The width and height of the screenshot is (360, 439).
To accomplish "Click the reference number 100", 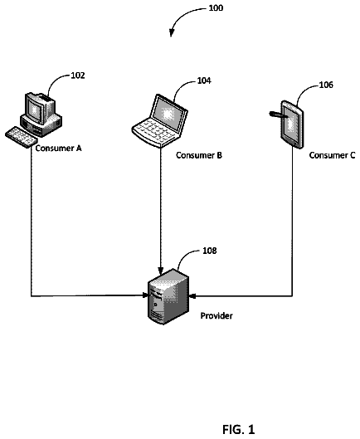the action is coord(216,7).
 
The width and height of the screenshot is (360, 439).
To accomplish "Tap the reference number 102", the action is coord(77,76).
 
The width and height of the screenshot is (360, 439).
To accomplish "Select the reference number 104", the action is coord(204,80).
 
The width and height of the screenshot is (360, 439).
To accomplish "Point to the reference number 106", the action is coord(326,85).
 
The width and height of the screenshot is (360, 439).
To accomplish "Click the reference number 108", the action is coord(209,251).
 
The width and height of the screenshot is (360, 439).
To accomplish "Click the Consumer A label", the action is coord(58,148).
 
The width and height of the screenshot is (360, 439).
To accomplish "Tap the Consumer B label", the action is coord(199,155).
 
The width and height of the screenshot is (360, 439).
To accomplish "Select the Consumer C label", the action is coord(333,155).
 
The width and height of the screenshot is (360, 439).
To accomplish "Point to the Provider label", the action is coord(216,316).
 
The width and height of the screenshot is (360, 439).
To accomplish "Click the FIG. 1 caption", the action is coord(239,429).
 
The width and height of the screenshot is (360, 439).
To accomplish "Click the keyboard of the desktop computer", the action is coord(22,137).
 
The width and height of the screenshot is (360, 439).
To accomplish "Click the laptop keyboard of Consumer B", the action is coord(154,131).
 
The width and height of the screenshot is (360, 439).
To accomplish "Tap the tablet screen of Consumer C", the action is coord(292,124).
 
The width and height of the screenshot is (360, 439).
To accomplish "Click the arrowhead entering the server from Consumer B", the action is coord(160,271).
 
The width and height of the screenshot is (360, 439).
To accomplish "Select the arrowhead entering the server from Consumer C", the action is coord(193,295).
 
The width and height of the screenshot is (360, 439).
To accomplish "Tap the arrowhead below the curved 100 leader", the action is coord(171,33).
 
